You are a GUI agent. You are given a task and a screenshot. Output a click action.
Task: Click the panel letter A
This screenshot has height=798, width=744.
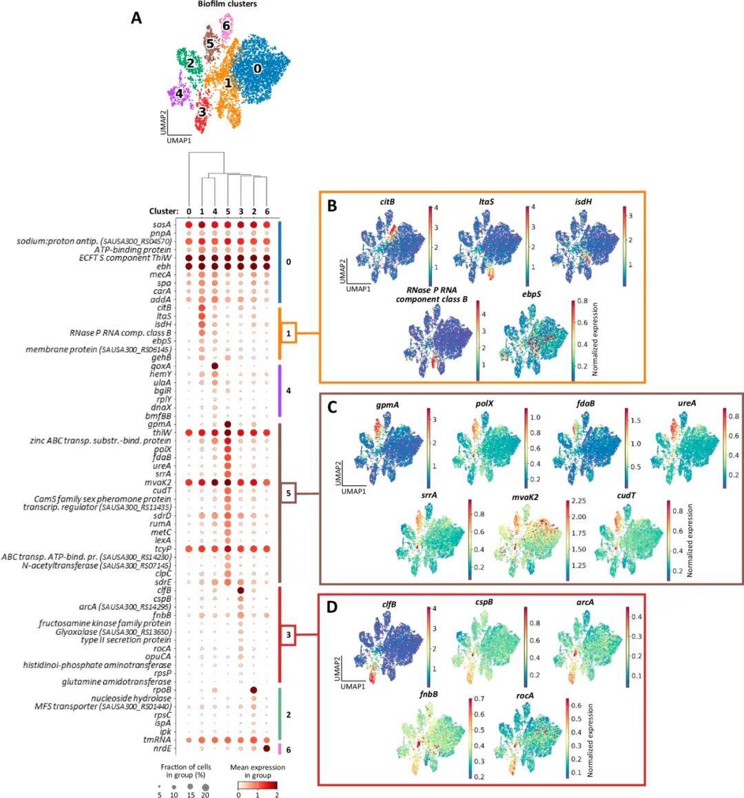coord(136,19)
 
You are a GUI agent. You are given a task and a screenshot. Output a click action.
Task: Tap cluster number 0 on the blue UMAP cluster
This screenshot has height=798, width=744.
coord(258,68)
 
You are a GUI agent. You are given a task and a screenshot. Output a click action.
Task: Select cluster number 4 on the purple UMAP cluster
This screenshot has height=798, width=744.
coord(179,93)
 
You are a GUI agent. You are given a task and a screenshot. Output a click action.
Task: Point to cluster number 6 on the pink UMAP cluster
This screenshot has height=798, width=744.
coord(225,25)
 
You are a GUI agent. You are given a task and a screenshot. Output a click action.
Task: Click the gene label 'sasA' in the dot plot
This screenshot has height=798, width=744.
coord(162,224)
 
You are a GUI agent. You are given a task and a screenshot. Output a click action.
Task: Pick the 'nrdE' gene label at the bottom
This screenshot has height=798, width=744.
coord(162,748)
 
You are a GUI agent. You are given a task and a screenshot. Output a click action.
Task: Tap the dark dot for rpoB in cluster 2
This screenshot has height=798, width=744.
coord(254,690)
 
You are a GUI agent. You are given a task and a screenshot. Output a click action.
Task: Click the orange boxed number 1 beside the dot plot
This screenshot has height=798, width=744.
coord(289,333)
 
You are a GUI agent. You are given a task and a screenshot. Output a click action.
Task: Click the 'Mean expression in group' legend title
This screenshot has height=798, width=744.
coord(257,771)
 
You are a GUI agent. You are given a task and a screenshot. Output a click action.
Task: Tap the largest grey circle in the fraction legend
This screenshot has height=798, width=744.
coord(205,786)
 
